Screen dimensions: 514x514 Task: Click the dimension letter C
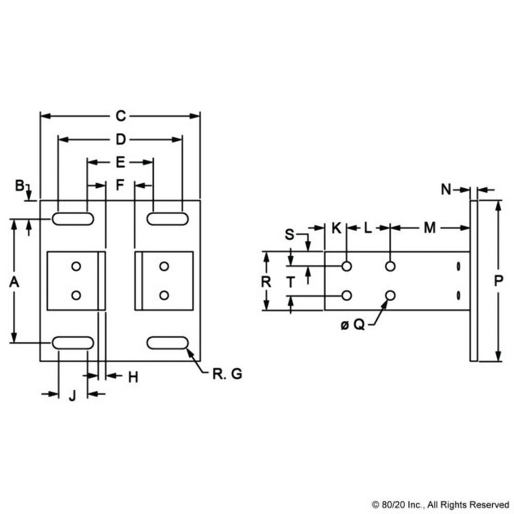point(120,116)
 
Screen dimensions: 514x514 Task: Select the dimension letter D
point(120,139)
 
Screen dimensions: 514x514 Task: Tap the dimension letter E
point(120,163)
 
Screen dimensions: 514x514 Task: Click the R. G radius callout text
point(227,374)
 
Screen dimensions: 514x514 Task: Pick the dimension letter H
point(133,377)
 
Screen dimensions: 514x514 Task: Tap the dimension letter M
point(430,228)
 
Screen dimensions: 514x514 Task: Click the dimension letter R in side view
point(266,281)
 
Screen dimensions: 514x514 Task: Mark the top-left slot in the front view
point(72,219)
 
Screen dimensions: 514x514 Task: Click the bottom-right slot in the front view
point(167,342)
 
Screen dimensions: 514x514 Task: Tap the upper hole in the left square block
point(77,266)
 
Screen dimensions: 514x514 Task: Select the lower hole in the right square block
point(164,295)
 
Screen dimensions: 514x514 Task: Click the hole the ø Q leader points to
point(391,295)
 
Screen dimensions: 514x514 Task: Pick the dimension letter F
point(120,185)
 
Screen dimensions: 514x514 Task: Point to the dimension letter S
point(290,235)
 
